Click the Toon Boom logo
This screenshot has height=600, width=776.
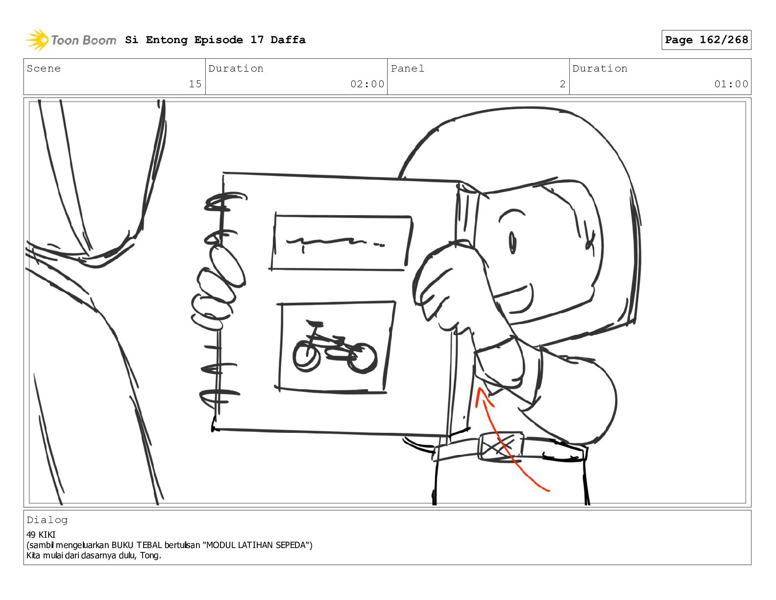[71, 40]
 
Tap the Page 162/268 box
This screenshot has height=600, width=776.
[706, 40]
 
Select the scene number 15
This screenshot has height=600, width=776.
[195, 84]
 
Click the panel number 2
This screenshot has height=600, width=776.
[562, 84]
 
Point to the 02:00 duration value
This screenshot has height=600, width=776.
[367, 84]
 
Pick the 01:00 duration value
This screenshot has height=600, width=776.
[731, 84]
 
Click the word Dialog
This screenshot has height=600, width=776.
[47, 520]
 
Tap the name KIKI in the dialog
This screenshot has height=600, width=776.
[47, 535]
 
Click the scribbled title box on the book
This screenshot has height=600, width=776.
[341, 242]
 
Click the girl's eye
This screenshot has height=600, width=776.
[512, 242]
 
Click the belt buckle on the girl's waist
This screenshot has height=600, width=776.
[501, 447]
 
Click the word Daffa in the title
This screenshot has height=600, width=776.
[288, 40]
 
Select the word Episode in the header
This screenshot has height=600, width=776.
[218, 40]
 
